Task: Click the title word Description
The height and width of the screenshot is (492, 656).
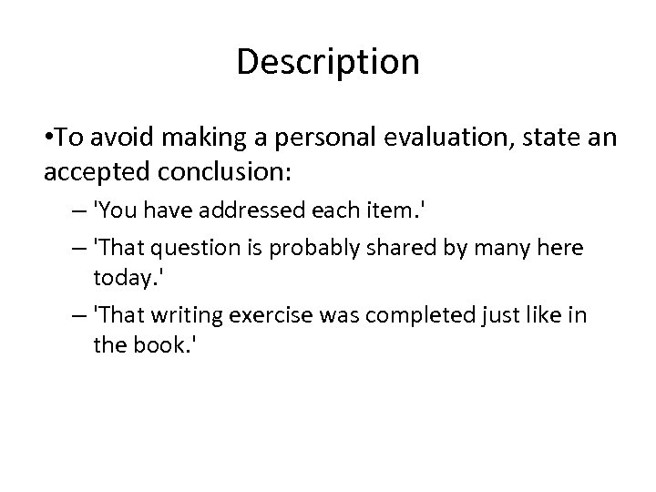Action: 328,62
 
